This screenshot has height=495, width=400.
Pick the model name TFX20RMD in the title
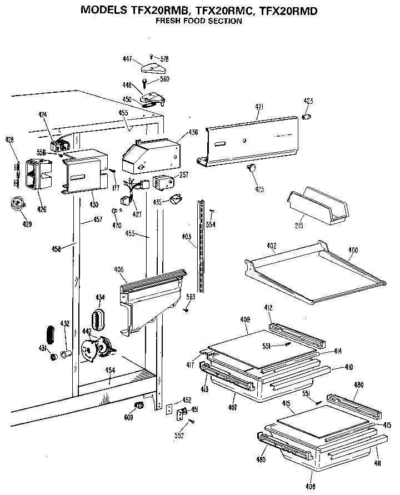(288, 10)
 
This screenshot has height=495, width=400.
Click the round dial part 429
(19, 204)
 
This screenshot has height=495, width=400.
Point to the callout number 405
(118, 270)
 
